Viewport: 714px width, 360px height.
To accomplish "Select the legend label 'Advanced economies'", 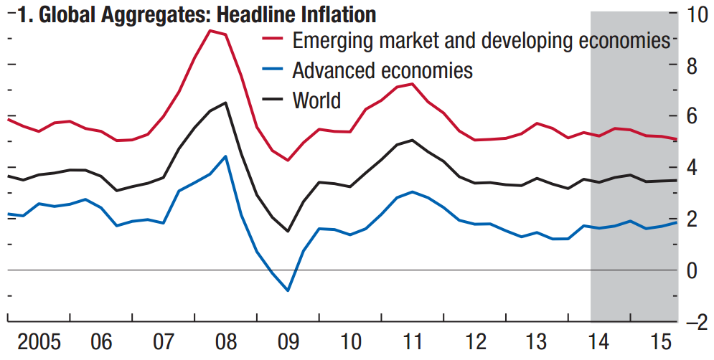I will pyautogui.click(x=382, y=70).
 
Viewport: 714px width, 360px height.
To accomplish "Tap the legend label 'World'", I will pyautogui.click(x=316, y=100).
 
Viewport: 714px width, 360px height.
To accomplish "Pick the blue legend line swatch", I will pyautogui.click(x=274, y=70).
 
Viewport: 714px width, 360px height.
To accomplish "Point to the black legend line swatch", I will pyautogui.click(x=274, y=100).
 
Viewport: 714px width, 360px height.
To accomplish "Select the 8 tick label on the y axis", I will pyautogui.click(x=692, y=65).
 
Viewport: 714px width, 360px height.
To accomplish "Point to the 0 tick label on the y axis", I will pyautogui.click(x=692, y=271).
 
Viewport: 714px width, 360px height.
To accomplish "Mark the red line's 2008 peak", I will pyautogui.click(x=210, y=30).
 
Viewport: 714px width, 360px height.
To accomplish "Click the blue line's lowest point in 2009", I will pyautogui.click(x=288, y=290).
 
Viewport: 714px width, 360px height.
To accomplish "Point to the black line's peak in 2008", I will pyautogui.click(x=225, y=103).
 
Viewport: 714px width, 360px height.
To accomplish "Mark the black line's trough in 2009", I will pyautogui.click(x=288, y=231).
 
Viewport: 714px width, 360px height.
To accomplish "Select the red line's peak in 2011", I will pyautogui.click(x=412, y=84).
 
